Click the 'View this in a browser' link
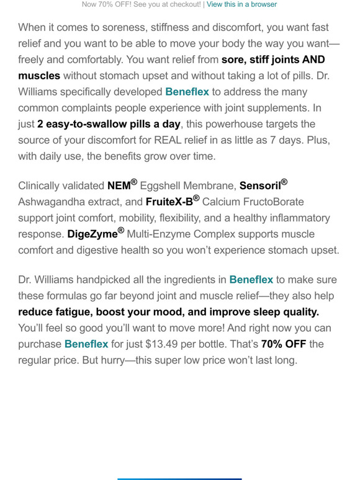(x=241, y=4)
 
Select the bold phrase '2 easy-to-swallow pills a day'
(x=109, y=124)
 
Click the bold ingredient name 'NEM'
(x=119, y=185)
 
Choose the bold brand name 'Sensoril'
(x=259, y=185)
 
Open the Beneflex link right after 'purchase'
(x=86, y=344)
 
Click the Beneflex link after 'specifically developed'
(x=187, y=92)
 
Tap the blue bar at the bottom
(x=179, y=478)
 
